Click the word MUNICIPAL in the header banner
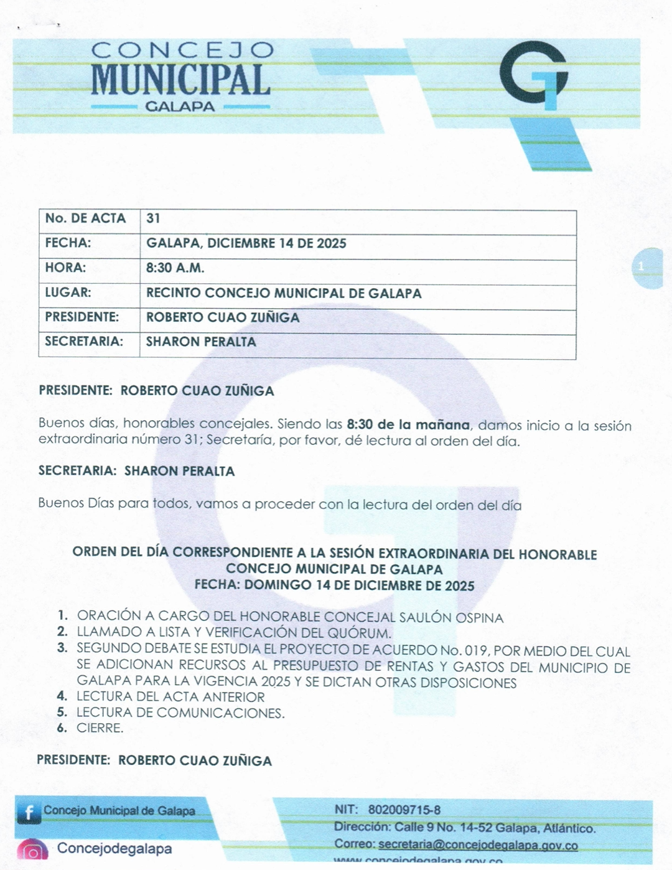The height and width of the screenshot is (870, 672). pos(180,80)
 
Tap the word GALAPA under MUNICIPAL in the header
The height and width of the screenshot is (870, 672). pos(180,106)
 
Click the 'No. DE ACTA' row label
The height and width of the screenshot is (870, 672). pos(85,218)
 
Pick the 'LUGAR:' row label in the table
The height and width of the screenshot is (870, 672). pos(68,292)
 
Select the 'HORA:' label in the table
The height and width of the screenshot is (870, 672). pos(65,268)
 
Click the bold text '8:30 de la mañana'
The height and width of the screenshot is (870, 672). pos(408,425)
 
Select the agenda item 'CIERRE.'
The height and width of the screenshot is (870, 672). pos(100,728)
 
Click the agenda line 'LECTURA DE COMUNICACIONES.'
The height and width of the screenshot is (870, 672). pos(180,713)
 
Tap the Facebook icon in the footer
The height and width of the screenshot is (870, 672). pos(28,812)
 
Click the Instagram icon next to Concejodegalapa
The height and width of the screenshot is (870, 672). pos(32,851)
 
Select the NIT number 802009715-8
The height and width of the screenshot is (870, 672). pos(404,810)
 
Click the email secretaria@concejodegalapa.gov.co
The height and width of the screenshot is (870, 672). pos(478,845)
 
